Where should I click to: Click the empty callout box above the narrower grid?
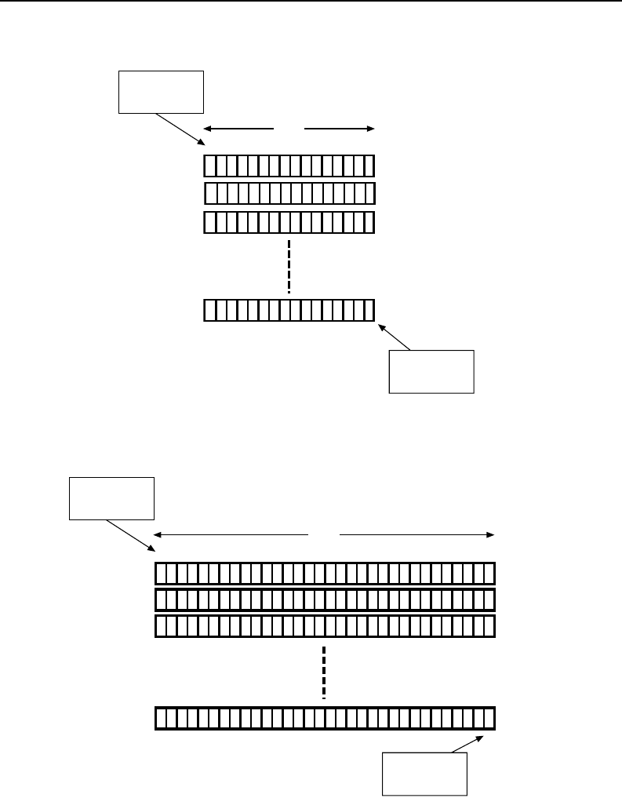click(161, 93)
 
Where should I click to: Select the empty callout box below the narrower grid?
click(432, 371)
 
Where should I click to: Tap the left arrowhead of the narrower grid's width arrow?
click(206, 127)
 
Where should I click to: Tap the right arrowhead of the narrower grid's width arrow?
click(373, 127)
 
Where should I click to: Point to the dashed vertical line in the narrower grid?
click(289, 267)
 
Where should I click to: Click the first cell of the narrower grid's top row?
click(209, 166)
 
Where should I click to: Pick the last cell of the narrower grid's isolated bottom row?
click(369, 310)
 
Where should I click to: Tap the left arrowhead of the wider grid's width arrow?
click(155, 534)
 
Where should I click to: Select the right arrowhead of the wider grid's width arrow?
click(493, 534)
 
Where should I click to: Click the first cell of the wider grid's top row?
click(162, 574)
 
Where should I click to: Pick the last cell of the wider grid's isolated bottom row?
click(489, 719)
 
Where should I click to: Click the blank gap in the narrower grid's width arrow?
click(289, 127)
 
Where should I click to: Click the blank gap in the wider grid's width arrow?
click(324, 534)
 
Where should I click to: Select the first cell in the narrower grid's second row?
click(210, 194)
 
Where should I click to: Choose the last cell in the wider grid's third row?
click(489, 625)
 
